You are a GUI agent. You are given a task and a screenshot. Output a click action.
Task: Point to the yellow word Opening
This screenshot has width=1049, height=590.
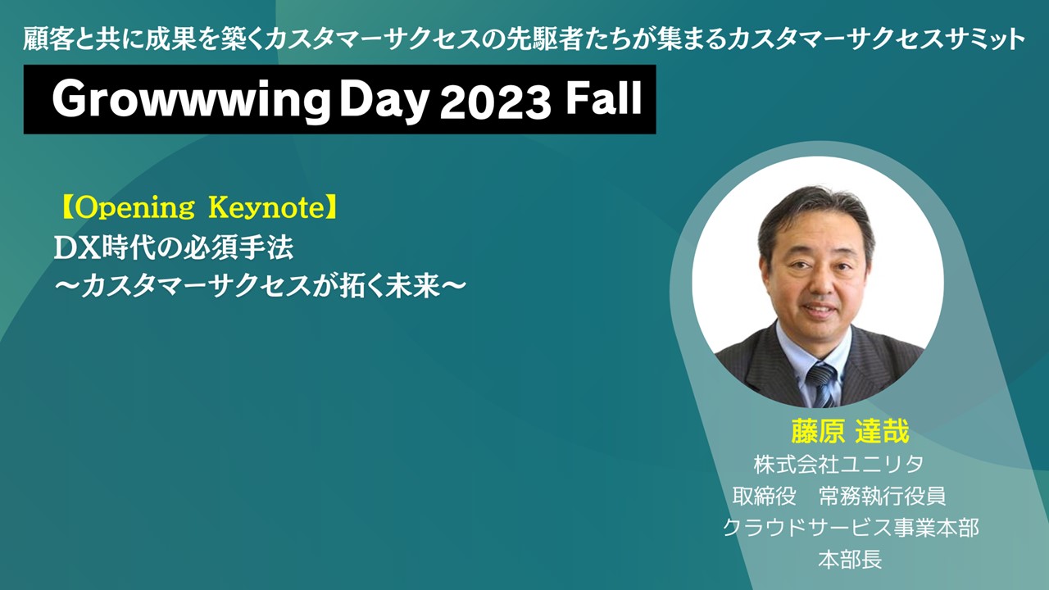pos(134,208)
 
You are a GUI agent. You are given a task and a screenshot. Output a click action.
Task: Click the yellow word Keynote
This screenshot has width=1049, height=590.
pos(266,208)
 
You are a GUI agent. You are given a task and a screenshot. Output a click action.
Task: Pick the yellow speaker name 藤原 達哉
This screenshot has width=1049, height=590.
pos(850,431)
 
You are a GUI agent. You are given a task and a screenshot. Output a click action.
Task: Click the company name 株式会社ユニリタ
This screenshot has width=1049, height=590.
pos(838,465)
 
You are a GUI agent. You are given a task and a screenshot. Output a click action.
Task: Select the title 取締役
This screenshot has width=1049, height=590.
pos(765,497)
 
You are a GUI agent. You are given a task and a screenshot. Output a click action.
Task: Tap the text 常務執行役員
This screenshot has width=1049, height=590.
pos(883,497)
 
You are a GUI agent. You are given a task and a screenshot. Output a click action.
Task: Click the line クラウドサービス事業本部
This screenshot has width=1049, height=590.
pos(851,528)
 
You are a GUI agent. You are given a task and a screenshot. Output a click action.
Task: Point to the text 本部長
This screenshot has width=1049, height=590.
pos(851,559)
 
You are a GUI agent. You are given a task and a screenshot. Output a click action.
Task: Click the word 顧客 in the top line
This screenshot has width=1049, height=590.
pos(48,39)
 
